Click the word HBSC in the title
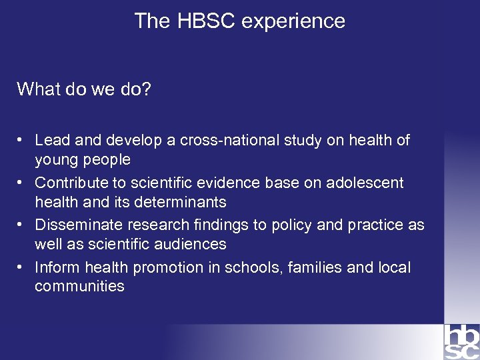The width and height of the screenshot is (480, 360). coord(207,21)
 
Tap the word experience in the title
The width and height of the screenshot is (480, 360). coord(293,22)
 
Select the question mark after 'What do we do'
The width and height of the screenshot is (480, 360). coord(147,89)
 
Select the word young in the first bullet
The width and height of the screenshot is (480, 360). coord(55,160)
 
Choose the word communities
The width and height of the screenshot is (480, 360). coord(79,287)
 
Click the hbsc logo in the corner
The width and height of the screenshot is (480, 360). coord(461,341)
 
